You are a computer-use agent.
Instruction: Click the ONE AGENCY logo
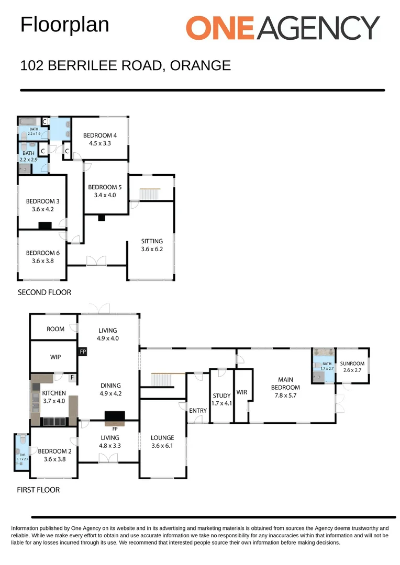[x=283, y=27]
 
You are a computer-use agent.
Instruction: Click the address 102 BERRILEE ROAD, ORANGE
[x=125, y=65]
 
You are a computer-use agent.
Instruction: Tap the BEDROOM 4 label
[x=100, y=139]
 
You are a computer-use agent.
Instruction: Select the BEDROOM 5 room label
[x=105, y=191]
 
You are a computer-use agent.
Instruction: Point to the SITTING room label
[x=152, y=245]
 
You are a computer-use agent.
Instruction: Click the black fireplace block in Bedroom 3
[x=45, y=226]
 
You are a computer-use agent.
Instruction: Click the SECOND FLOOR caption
[x=44, y=292]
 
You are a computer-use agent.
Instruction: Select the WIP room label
[x=55, y=357]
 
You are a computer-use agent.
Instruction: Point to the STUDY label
[x=221, y=399]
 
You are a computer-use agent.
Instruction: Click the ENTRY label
[x=198, y=411]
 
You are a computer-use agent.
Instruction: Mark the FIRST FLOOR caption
[x=39, y=490]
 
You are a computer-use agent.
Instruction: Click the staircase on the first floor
[x=162, y=380]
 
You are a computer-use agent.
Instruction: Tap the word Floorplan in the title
[x=64, y=25]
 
